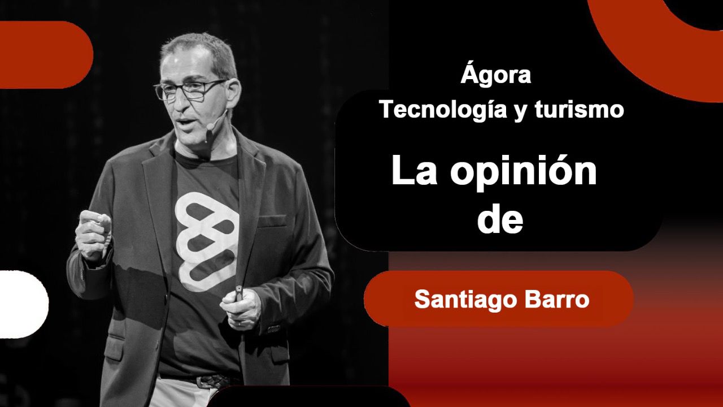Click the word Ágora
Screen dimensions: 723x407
coord(496,73)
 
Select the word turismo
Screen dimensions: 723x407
coord(579,109)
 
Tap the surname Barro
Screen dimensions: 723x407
coord(557,299)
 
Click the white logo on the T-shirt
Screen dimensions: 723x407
coord(207,241)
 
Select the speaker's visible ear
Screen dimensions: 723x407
coord(233,94)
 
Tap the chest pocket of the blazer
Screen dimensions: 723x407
coord(272,221)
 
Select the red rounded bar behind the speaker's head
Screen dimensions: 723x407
coord(45,55)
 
